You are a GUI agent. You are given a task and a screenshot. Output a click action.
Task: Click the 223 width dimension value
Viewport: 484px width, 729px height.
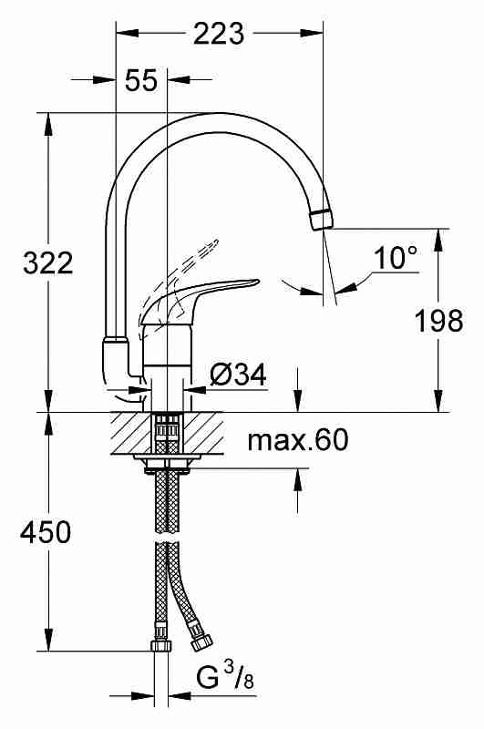coord(219,34)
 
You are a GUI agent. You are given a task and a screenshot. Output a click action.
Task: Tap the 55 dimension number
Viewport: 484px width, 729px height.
coord(141,80)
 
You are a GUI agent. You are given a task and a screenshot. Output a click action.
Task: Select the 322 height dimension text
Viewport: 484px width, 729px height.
coord(48,263)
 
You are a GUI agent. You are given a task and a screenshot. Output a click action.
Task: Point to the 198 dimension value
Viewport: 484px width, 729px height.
coord(439,321)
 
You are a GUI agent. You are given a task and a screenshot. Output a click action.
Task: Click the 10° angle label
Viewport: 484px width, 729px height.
coord(396,258)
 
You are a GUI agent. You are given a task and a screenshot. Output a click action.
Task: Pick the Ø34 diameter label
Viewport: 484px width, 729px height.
coord(238,375)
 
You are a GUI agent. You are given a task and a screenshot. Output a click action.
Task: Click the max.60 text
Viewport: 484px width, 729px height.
coord(297,440)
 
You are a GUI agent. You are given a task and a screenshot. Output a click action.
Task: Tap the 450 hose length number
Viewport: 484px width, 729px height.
coord(46,532)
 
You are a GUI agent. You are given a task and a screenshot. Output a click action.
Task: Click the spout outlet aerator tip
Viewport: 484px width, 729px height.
coord(321,220)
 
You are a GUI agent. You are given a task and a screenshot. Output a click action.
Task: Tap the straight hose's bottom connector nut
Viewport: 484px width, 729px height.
coord(162,645)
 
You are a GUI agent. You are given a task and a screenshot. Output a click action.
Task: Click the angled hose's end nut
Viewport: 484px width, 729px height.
coord(201,642)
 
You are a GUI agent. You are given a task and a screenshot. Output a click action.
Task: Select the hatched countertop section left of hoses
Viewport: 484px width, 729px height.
coord(131,434)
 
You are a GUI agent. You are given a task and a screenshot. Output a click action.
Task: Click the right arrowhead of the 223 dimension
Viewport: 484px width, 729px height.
coord(312,34)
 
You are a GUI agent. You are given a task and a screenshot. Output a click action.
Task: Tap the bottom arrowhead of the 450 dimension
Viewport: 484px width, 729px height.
coord(48,640)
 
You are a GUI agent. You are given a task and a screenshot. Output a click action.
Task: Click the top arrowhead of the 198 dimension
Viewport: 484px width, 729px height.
coord(438,240)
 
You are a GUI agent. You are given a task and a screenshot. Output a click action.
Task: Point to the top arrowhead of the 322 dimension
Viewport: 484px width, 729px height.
coord(48,124)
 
